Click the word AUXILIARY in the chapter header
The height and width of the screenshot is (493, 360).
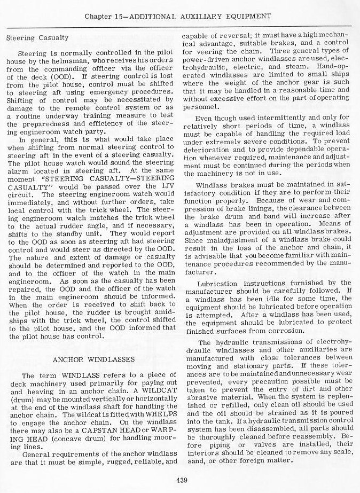[209, 15]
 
